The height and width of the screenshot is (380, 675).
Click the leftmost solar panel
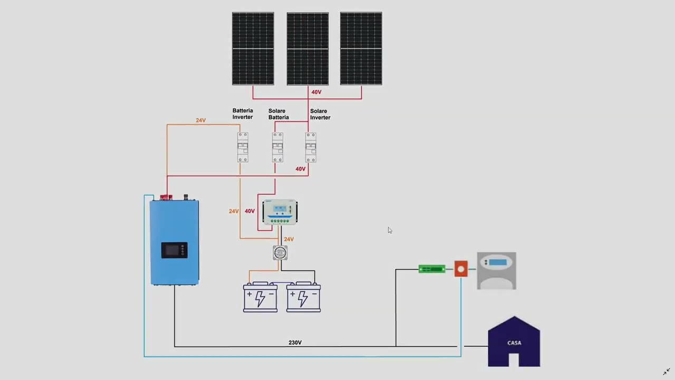253,49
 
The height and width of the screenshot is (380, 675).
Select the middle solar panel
307,49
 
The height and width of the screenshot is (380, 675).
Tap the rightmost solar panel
361,49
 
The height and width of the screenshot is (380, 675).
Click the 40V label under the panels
316,92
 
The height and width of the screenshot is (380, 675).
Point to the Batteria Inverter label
243,114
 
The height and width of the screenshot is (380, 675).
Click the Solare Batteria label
278,115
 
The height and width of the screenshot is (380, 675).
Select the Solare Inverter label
320,115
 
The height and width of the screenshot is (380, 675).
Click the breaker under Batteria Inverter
243,147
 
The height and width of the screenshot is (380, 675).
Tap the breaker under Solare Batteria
277,147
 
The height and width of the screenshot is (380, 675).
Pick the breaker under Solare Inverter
311,147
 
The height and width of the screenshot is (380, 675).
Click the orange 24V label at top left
200,120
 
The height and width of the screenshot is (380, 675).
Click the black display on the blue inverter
174,250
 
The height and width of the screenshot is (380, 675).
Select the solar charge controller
280,212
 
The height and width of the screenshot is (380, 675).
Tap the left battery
260,298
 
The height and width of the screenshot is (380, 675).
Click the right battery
303,298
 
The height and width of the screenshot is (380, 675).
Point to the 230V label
295,343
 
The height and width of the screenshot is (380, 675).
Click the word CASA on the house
514,343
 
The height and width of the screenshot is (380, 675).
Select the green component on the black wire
432,269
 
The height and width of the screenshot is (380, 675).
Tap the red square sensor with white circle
461,269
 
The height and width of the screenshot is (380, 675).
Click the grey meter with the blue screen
497,271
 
